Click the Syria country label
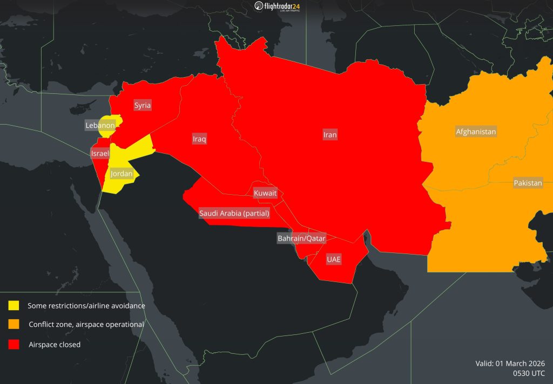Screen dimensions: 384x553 pos(143,105)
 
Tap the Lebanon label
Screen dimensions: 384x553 pos(100,126)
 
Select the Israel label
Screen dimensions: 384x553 pos(100,154)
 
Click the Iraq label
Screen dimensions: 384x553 pos(199,139)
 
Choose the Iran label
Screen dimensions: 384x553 pos(330,135)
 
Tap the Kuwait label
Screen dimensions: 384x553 pos(265,193)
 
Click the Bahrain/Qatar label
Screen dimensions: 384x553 pos(301,238)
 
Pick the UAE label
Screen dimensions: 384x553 pos(334,259)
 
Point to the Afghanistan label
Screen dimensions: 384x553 pos(476,132)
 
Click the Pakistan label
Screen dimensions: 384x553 pos(528,183)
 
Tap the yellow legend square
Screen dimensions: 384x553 pos(14,305)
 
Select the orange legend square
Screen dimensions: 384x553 pos(14,324)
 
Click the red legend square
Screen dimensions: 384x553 pos(14,344)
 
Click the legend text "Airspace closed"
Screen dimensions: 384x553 pos(55,345)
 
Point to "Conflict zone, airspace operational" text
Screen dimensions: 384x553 pos(86,325)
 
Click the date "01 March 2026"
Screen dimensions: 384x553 pos(519,363)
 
